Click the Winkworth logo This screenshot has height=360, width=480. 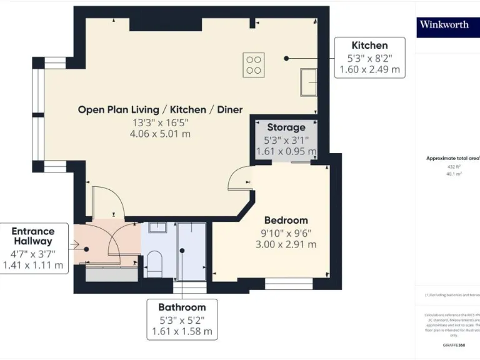click(444, 25)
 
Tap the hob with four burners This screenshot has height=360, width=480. click(253, 65)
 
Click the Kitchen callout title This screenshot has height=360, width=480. click(369, 45)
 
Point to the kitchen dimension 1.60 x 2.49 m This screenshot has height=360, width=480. click(369, 69)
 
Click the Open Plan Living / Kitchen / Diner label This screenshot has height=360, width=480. click(160, 109)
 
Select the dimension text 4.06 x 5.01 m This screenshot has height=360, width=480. click(160, 134)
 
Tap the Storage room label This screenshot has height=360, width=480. click(286, 127)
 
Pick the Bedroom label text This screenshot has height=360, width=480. click(286, 220)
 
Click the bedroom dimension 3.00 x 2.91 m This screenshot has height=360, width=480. click(286, 244)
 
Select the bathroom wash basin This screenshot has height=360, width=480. click(157, 227)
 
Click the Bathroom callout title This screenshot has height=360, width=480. click(182, 307)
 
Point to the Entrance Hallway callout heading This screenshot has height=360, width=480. click(33, 236)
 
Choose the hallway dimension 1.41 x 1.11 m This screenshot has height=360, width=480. click(33, 265)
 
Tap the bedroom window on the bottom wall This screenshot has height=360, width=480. click(289, 284)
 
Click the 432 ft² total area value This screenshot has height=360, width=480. click(453, 167)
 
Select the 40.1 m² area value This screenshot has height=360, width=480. click(453, 174)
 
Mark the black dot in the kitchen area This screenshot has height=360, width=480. click(286, 58)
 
